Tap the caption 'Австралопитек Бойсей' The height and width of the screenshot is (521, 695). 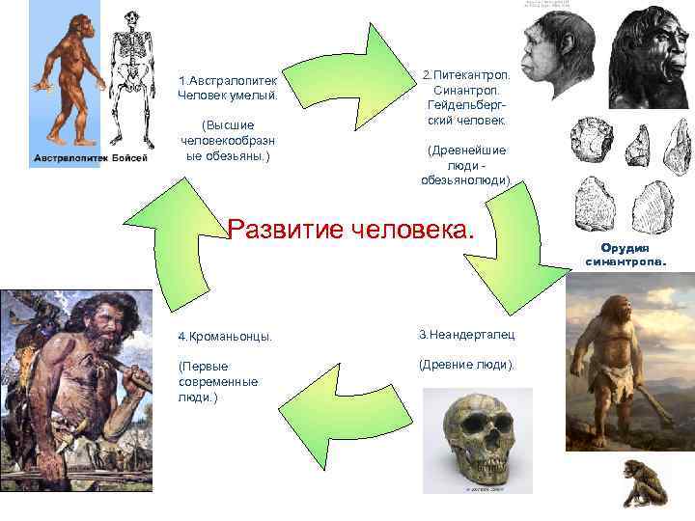(92, 158)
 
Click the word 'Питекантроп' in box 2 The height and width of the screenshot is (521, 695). (462, 74)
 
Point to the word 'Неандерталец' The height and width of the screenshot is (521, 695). (466, 335)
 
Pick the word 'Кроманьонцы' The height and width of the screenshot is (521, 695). (224, 337)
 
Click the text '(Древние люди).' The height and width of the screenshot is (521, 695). (466, 365)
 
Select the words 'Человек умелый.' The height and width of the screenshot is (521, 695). (228, 95)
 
